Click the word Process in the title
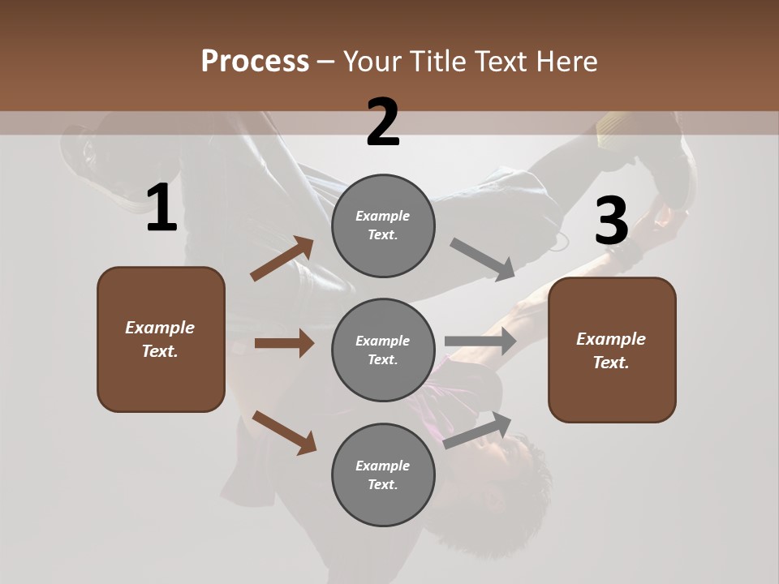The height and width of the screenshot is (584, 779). point(255,62)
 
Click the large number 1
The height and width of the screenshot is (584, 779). point(161,209)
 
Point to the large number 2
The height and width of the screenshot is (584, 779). point(383,122)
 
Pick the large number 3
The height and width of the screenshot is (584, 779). point(611,221)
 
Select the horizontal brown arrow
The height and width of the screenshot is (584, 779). point(284,343)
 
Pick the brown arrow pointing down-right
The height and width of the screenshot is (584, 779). point(284,432)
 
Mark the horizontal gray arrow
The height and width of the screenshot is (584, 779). point(480,341)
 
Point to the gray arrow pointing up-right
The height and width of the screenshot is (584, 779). point(478,430)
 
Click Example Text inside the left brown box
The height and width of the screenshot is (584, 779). point(160,339)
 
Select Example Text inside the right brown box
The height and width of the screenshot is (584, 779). point(611,350)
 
